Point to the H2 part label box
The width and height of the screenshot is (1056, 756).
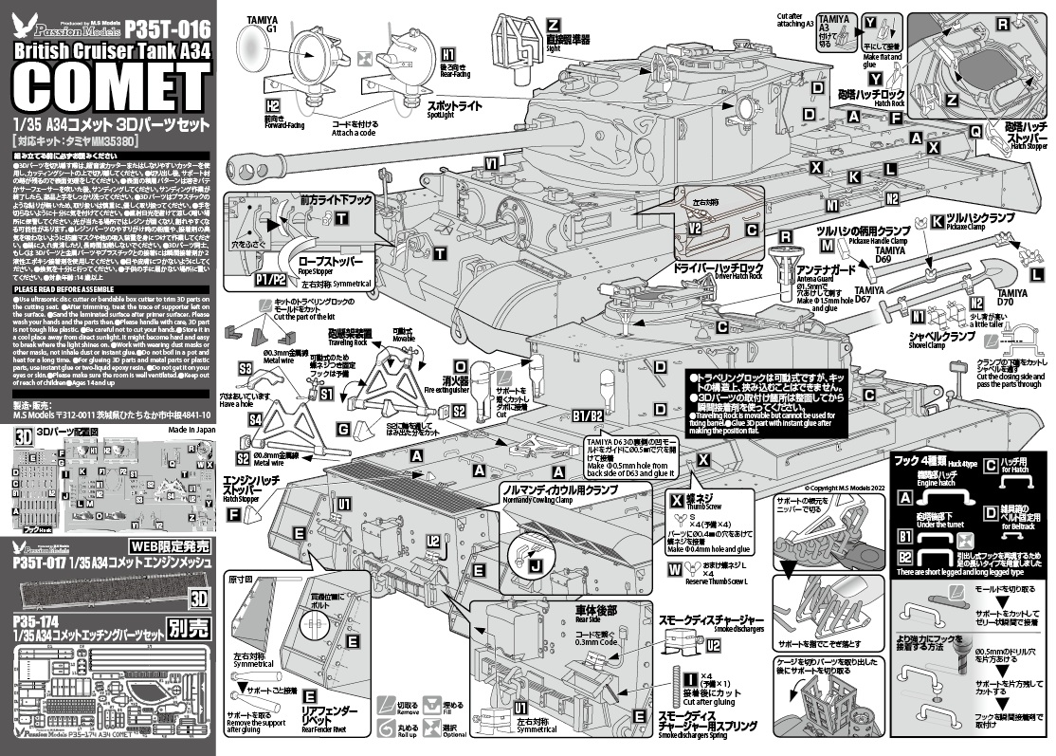point(273,105)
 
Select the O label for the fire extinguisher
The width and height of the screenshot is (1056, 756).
point(461,365)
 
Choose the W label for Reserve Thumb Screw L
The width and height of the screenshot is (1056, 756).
point(674,570)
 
